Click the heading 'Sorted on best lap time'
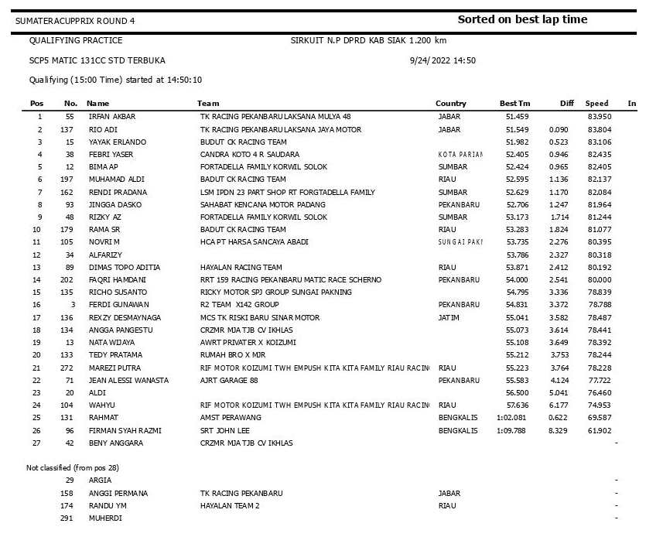point(522,19)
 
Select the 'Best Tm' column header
point(514,104)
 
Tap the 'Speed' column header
point(596,104)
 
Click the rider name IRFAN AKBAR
point(112,117)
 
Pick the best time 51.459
point(518,117)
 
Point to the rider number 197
point(67,180)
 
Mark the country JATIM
point(449,317)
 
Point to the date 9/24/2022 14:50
point(442,60)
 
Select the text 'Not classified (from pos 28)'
point(73,468)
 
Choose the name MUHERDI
point(105,518)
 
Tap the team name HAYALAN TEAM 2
point(230,505)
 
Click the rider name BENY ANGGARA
point(117,443)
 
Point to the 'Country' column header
point(451,104)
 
